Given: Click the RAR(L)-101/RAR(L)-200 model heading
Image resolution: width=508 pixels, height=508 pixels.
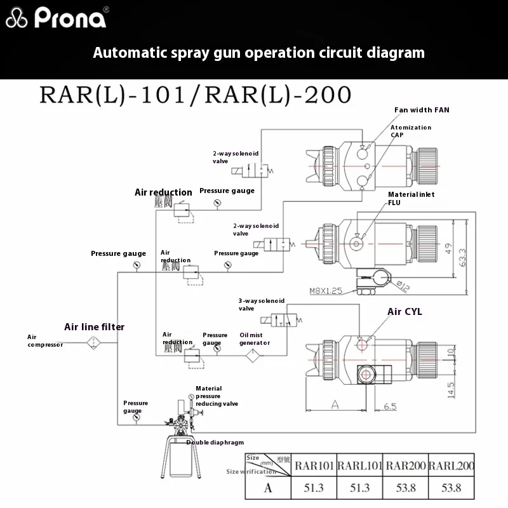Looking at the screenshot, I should [x=195, y=95].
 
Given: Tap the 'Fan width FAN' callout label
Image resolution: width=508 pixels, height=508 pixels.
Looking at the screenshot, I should [x=422, y=110].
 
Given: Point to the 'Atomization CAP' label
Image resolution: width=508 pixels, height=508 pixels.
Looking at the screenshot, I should [x=410, y=131].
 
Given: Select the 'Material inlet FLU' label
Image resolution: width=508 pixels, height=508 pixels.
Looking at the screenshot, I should [x=411, y=199].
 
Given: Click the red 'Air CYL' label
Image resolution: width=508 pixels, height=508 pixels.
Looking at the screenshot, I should [x=404, y=312].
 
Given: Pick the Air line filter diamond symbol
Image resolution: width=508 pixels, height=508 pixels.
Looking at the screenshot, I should [x=95, y=342].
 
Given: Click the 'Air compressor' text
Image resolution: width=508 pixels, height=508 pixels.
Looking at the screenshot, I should [x=44, y=340].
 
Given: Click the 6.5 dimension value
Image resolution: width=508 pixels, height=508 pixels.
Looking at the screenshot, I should [x=390, y=406].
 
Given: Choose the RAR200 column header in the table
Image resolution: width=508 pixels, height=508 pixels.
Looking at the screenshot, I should [x=405, y=465].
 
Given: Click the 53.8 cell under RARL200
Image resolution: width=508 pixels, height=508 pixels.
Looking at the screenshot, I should [x=451, y=488].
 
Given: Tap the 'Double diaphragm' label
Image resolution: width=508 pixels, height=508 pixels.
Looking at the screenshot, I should [x=215, y=443].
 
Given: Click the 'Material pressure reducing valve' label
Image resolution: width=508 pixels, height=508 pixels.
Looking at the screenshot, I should [x=217, y=396].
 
